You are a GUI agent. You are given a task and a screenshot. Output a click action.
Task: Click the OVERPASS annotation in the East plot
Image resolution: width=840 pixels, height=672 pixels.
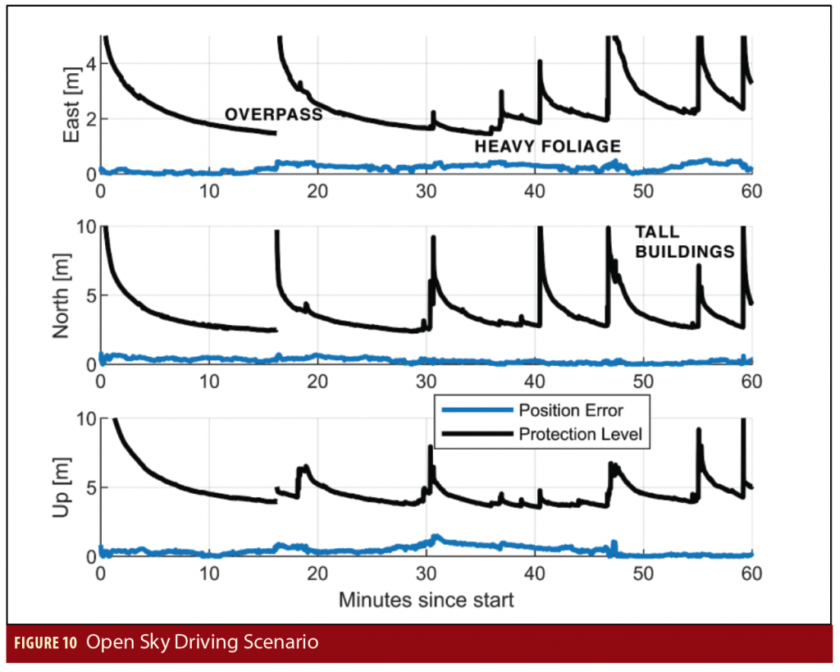(273, 115)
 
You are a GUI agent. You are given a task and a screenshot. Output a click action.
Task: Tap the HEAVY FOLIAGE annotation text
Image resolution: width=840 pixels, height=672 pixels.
(547, 146)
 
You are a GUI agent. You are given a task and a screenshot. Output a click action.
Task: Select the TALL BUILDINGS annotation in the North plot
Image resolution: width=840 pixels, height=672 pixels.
(683, 243)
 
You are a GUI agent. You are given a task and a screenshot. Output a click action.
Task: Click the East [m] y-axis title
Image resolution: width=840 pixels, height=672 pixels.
(72, 105)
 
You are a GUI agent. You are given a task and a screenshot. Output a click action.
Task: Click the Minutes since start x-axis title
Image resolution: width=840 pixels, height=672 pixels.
(426, 600)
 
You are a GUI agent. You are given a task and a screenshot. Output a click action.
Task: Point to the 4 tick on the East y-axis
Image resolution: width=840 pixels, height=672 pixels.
(91, 64)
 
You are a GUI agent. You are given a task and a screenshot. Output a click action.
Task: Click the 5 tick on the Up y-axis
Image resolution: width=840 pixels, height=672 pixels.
(91, 487)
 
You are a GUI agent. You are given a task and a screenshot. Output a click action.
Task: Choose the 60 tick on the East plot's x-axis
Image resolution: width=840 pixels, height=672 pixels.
(751, 190)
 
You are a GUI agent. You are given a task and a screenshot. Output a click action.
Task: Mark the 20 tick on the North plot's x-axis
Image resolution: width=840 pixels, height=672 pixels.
(317, 382)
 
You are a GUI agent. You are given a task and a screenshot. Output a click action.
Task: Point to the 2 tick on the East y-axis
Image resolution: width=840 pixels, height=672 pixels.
(91, 119)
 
